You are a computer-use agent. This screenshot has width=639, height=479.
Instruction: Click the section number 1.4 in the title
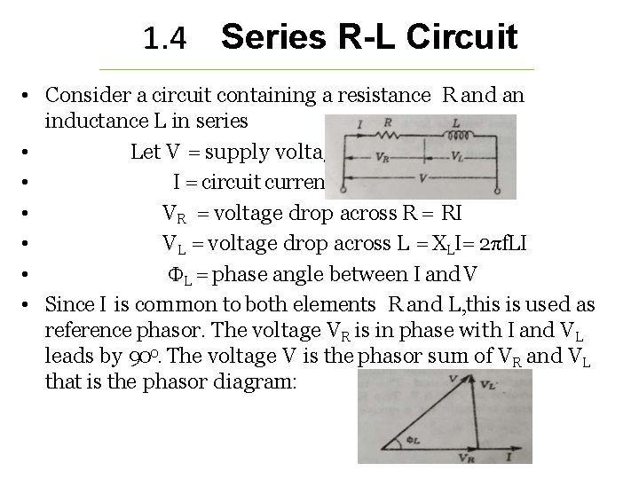pyautogui.click(x=164, y=38)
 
